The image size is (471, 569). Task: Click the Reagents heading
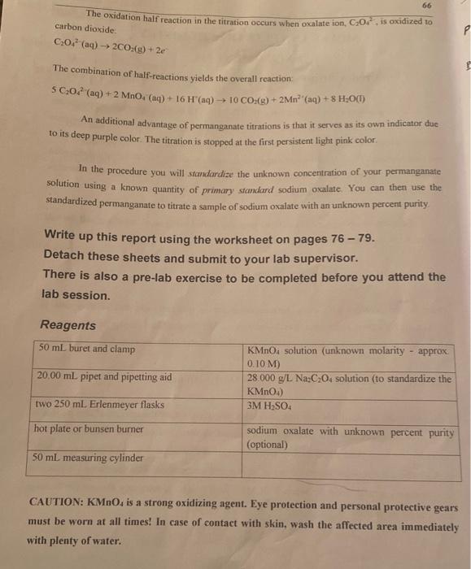pos(68,325)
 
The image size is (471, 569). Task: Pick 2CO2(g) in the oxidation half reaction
pos(107,44)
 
